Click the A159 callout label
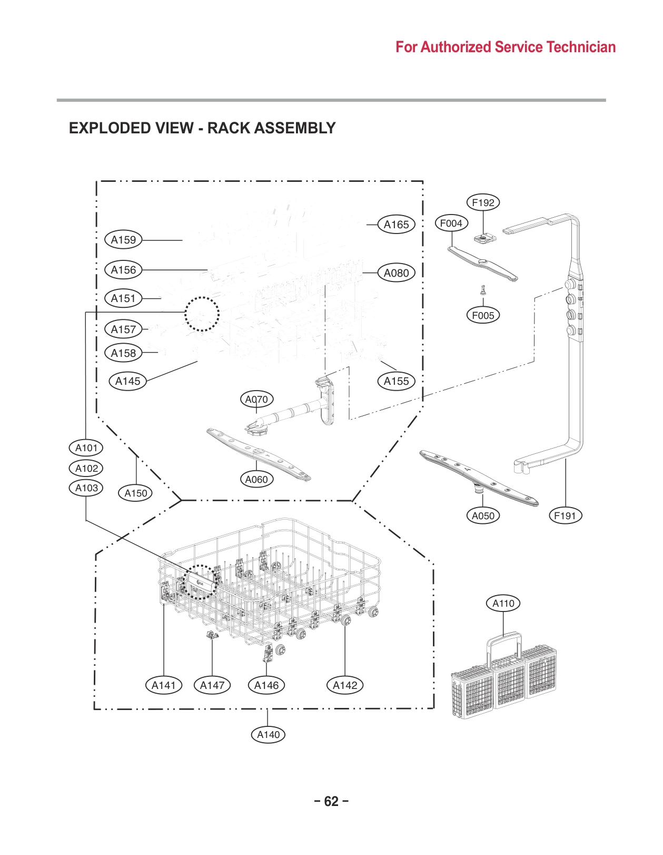(123, 240)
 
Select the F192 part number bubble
(483, 202)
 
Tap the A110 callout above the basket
(503, 604)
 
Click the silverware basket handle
(504, 640)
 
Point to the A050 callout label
(483, 516)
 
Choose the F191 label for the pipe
(565, 516)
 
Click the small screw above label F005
(483, 289)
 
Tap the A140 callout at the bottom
(268, 735)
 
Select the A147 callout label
(212, 686)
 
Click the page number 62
(331, 802)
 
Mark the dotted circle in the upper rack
(202, 314)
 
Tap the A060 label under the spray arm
(256, 480)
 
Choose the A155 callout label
(396, 381)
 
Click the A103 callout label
(86, 488)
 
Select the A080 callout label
(396, 273)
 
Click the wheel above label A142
(346, 620)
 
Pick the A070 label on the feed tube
(256, 400)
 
